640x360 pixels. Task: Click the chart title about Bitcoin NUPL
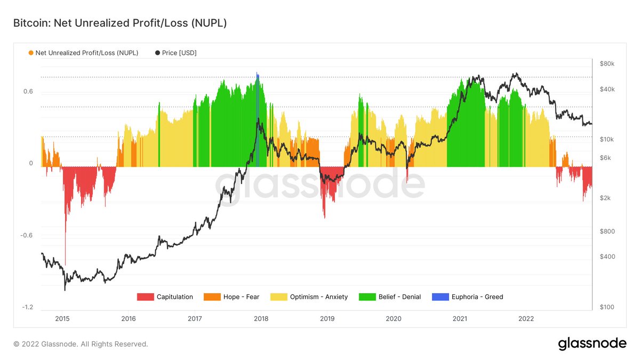[121, 23]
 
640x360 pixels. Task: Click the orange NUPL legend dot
[31, 53]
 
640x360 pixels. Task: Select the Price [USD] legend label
[179, 53]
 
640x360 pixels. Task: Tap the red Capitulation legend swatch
[145, 297]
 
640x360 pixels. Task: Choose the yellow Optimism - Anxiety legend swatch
[278, 297]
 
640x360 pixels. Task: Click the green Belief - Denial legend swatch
[367, 297]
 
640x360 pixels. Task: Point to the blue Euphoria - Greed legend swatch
[440, 297]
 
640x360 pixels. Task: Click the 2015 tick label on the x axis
[62, 318]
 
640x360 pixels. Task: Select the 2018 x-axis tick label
[261, 318]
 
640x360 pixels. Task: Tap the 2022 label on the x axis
[526, 318]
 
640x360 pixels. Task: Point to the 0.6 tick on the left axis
[28, 92]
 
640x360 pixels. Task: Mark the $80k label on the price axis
[607, 64]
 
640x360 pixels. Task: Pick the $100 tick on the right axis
[607, 308]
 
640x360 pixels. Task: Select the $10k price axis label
[607, 140]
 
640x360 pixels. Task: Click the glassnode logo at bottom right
[592, 344]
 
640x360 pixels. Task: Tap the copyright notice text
[81, 344]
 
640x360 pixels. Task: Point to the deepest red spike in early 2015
[66, 256]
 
